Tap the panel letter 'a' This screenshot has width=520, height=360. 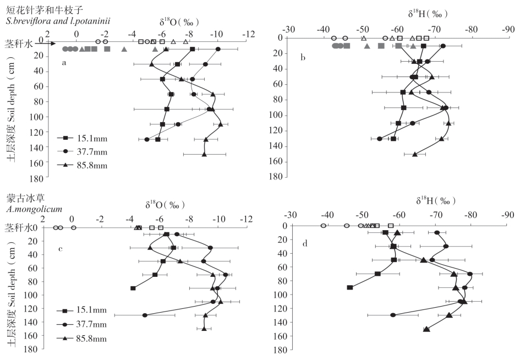(64, 63)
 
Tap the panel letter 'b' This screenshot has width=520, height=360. (302, 57)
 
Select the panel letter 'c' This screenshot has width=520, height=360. (61, 249)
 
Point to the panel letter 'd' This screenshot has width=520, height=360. (306, 243)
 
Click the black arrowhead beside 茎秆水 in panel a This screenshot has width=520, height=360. (45, 50)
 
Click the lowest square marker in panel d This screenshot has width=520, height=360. (350, 287)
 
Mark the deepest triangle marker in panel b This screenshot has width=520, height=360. (415, 154)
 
